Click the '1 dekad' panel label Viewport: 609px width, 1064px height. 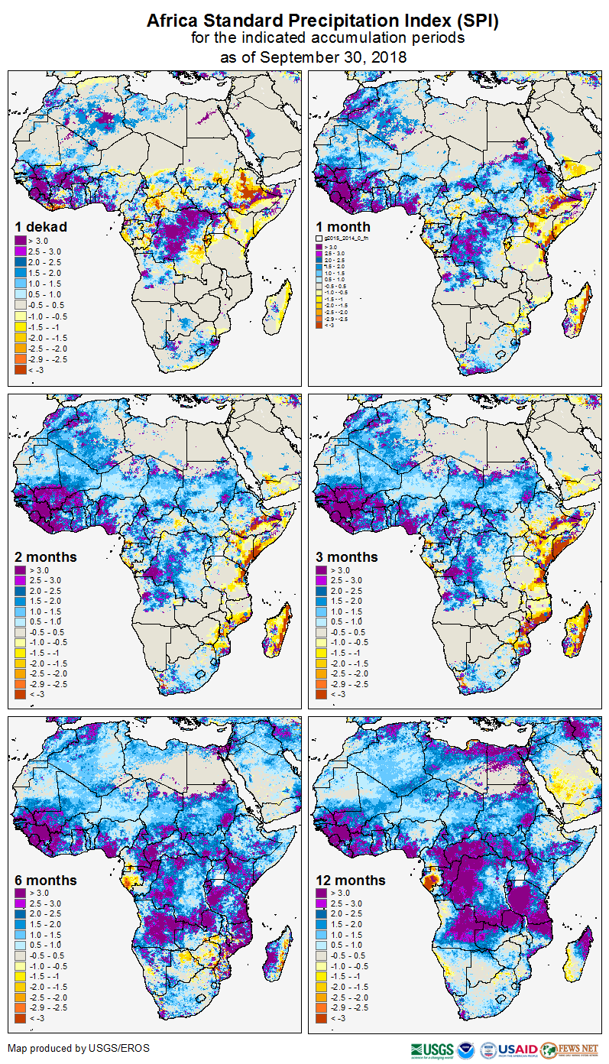(41, 227)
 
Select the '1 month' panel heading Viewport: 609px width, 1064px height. (343, 227)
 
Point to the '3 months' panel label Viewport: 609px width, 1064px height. (347, 557)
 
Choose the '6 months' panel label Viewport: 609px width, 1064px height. (45, 881)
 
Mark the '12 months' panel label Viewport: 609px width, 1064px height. (351, 881)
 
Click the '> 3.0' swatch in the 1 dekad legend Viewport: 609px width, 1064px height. (20, 242)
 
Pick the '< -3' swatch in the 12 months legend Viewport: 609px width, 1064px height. (322, 1018)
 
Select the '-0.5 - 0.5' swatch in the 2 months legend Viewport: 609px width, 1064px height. (20, 633)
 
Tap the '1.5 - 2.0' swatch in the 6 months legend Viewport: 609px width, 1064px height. (20, 924)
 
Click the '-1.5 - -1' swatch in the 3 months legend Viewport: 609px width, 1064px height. (322, 654)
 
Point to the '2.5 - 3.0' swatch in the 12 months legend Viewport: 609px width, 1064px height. (322, 903)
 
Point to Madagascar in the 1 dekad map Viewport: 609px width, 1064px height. (282, 302)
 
